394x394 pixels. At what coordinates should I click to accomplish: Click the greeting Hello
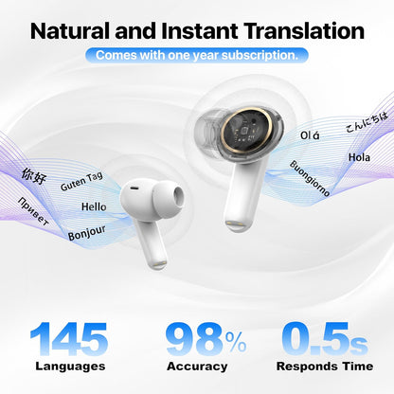tap(94, 206)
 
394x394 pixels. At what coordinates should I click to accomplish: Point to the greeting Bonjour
tap(86, 231)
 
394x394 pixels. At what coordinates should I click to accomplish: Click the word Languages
tap(70, 366)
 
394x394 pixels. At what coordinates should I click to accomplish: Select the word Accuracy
tap(197, 366)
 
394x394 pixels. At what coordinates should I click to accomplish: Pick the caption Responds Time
tap(325, 366)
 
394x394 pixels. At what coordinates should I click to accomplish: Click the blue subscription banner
tap(197, 55)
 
